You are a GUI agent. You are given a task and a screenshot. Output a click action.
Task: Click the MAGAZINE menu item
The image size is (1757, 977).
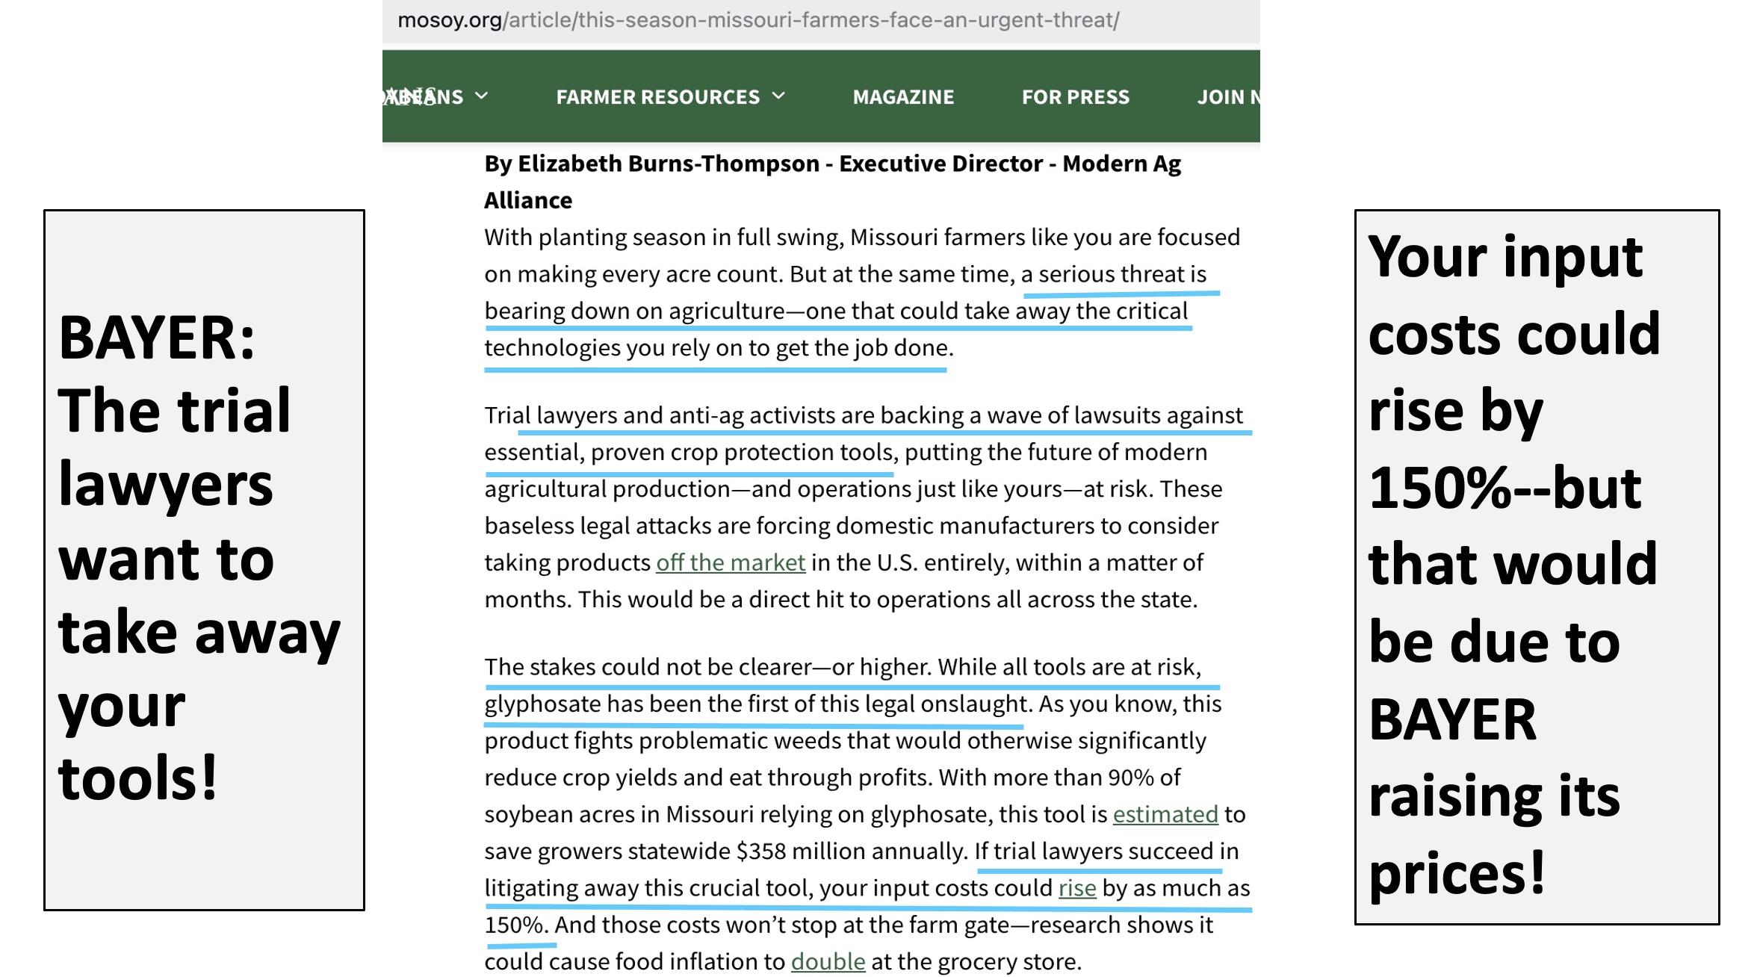[903, 97]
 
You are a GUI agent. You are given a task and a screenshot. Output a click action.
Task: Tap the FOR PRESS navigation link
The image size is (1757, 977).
[1075, 97]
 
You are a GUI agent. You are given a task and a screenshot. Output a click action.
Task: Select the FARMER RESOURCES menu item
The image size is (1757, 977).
[657, 97]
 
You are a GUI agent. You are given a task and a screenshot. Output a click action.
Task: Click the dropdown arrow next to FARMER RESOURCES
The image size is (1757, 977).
[778, 96]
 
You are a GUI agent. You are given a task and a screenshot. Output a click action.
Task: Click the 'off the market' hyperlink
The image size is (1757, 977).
[730, 562]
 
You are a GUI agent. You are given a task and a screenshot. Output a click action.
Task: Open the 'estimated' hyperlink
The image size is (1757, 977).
[1165, 814]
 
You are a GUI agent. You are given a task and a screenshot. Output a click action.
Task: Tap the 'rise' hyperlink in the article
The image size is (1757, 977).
[1076, 888]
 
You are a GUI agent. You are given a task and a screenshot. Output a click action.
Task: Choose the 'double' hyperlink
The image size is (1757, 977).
[828, 961]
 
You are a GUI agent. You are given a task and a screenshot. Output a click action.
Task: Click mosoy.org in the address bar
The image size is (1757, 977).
[449, 20]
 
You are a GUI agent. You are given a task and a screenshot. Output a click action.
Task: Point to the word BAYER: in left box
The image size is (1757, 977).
[157, 338]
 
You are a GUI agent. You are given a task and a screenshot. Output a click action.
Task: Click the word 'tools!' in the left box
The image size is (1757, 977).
[138, 779]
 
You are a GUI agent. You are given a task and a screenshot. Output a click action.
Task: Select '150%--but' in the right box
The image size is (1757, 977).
[1505, 488]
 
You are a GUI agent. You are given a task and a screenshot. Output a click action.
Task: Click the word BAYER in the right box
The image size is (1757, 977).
[1452, 719]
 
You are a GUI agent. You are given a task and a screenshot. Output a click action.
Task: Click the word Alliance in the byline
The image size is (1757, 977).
[528, 200]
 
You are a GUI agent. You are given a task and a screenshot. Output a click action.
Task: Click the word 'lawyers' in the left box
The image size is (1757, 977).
[166, 486]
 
